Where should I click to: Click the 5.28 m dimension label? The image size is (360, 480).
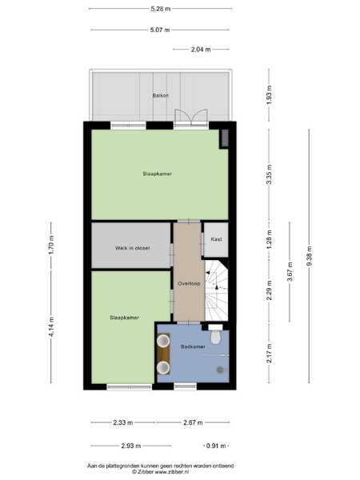coord(161,9)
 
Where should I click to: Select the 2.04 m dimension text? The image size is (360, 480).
coord(201,50)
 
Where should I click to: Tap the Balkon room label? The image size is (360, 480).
coord(161,95)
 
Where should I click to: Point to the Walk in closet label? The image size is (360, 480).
coord(132,248)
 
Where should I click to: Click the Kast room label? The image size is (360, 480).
coord(216,239)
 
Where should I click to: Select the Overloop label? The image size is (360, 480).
coord(189,283)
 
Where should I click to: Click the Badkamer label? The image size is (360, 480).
coord(193,346)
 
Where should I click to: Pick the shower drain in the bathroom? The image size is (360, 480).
coord(220,370)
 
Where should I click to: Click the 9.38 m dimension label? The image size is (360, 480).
coord(309,256)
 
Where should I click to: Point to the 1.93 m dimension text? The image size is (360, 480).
coord(269,95)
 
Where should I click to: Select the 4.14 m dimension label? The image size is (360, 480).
coord(51,327)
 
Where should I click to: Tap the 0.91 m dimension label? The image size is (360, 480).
coord(216,446)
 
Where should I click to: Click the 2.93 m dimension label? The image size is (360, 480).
coord(131,446)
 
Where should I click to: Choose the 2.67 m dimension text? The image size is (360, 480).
coord(193,422)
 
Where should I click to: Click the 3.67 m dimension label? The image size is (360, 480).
coord(290,271)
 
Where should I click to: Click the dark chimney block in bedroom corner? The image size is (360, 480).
coord(224,138)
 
